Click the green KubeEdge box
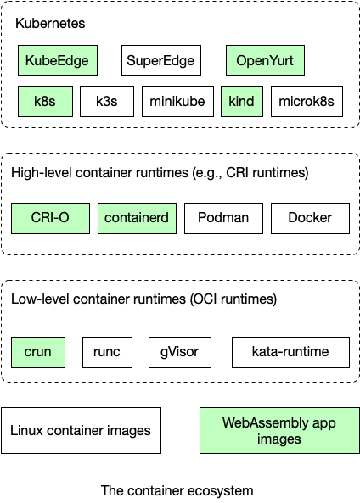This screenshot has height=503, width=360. click(x=57, y=60)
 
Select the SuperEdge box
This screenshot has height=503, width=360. click(x=160, y=60)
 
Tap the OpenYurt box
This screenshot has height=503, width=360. click(x=265, y=60)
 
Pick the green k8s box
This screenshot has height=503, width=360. click(x=45, y=101)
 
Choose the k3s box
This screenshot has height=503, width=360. click(x=107, y=101)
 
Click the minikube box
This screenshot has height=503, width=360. click(x=177, y=101)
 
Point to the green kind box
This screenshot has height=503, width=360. click(x=242, y=101)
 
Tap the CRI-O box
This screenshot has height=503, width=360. click(x=51, y=218)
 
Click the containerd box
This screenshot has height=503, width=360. click(x=137, y=218)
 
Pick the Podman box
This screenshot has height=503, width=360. click(x=223, y=218)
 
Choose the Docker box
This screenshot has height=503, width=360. click(x=310, y=218)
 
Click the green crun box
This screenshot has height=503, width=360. click(x=38, y=351)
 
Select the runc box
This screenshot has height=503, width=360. click(x=108, y=351)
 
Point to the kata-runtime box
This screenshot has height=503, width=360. click(x=290, y=351)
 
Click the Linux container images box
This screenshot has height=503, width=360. click(x=81, y=430)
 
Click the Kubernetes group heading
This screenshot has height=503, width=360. click(x=50, y=23)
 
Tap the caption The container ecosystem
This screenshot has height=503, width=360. click(x=177, y=490)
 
